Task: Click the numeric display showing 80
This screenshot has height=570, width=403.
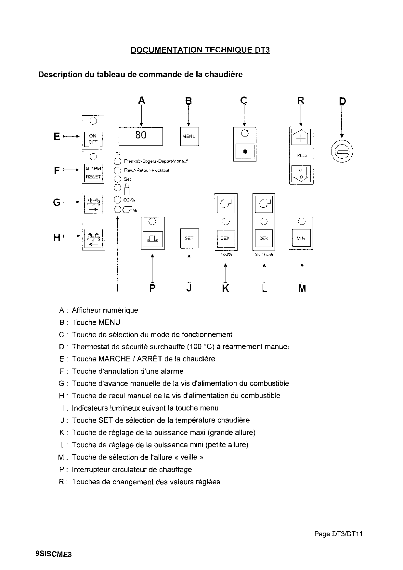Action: click(x=141, y=136)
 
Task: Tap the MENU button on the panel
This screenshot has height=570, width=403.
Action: click(x=189, y=136)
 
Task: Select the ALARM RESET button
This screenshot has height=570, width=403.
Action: click(x=93, y=173)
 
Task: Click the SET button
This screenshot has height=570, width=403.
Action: click(x=189, y=238)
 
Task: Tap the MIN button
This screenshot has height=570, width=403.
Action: click(x=301, y=238)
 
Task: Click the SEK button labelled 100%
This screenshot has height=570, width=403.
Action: click(x=226, y=239)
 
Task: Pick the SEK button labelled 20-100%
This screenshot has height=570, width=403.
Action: click(x=264, y=239)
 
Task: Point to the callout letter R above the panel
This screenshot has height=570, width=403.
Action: click(x=301, y=101)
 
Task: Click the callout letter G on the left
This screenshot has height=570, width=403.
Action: click(x=57, y=202)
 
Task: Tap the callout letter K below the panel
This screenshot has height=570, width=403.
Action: click(x=226, y=288)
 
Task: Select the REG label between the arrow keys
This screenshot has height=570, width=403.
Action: click(x=301, y=155)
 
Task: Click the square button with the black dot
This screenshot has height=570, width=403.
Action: click(x=245, y=151)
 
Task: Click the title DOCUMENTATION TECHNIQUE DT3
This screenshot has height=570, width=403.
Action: click(x=200, y=50)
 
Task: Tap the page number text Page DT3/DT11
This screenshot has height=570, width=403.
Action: click(x=338, y=534)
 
